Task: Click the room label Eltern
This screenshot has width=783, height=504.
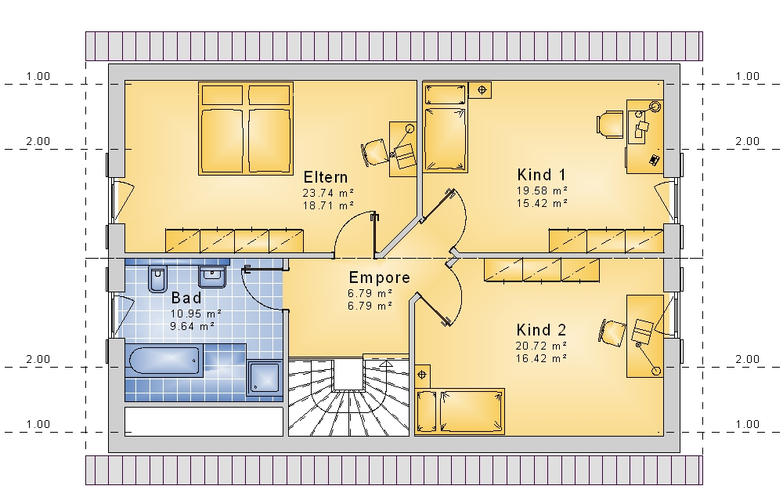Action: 326,177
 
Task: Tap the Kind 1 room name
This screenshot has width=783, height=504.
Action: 542,175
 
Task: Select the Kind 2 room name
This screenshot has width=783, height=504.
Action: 541,330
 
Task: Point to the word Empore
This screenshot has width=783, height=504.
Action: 379,277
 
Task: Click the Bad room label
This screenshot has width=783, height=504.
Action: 186,298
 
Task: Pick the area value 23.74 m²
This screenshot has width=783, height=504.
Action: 328,193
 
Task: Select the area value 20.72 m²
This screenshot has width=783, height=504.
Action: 541,346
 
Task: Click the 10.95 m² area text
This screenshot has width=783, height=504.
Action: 196,314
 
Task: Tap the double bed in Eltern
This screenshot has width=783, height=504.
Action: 246,129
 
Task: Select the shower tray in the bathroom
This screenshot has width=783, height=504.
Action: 265,377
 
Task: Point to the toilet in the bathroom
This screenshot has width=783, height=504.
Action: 157,278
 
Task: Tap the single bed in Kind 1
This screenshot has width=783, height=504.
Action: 446,128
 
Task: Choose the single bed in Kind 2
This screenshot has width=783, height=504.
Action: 460,411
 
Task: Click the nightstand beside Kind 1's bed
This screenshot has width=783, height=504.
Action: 481,90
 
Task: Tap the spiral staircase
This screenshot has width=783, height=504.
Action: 348,396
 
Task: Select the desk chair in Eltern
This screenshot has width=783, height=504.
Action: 374,152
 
